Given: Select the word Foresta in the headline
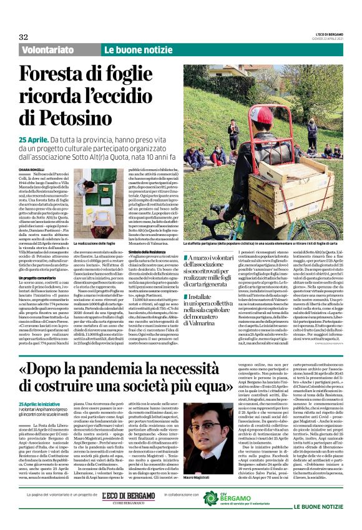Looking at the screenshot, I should point(60,76).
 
